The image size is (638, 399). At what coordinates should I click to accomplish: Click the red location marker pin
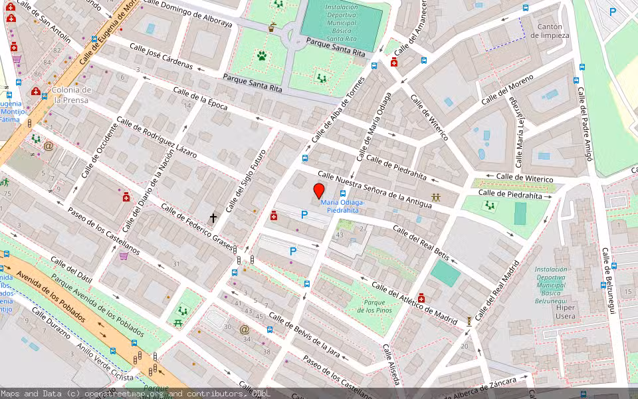(x=318, y=190)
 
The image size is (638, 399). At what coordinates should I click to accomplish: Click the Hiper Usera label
(x=566, y=312)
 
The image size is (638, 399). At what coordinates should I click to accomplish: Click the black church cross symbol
(x=213, y=217)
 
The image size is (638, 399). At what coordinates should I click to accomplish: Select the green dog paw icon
(x=262, y=56)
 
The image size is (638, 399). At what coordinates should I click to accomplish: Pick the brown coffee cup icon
(x=272, y=27)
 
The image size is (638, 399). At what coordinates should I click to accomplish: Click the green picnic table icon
(x=179, y=323)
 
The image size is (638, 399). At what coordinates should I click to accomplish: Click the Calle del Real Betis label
(x=420, y=243)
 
